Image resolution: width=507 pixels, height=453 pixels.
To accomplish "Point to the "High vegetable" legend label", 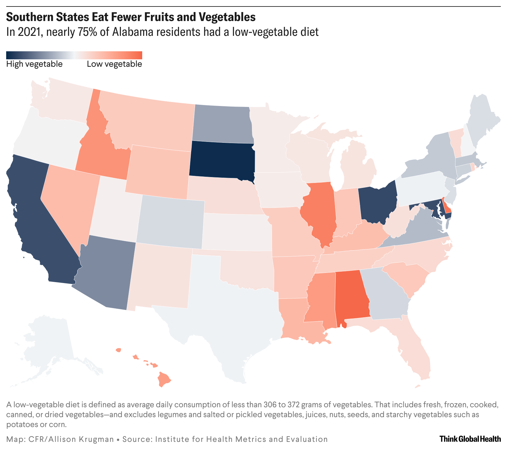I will (x=34, y=64).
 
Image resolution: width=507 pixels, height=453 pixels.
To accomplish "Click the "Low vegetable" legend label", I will (x=114, y=64).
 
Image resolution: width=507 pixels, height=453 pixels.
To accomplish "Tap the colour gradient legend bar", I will (x=74, y=55).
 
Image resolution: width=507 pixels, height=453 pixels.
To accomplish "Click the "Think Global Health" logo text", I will (x=470, y=439).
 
